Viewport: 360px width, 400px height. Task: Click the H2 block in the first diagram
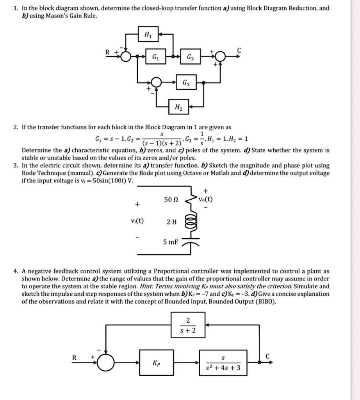(178, 106)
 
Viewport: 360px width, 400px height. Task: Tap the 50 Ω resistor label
(171, 200)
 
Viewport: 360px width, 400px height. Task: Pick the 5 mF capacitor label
(171, 242)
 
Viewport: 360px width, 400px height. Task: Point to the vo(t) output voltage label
(206, 198)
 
